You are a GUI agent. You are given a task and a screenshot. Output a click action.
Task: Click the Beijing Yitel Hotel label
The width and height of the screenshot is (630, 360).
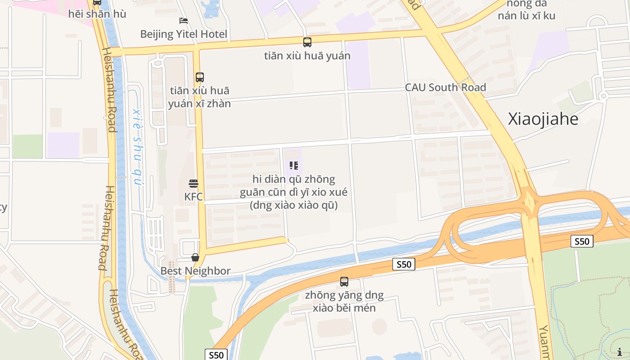[184, 34]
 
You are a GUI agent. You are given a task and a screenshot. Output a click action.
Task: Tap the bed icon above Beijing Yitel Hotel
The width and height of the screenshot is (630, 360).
[184, 21]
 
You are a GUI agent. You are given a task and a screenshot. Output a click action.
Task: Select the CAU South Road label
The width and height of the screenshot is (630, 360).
[445, 87]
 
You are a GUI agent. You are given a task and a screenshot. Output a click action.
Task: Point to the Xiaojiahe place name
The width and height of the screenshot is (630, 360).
[543, 119]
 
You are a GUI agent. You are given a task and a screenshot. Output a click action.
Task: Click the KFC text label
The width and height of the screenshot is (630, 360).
[193, 197]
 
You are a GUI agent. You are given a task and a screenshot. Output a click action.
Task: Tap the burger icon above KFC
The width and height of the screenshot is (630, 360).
[193, 184]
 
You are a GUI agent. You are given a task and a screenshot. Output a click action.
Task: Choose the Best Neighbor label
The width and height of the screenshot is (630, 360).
[196, 271]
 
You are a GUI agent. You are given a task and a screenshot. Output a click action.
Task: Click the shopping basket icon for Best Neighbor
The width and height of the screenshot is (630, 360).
[195, 257]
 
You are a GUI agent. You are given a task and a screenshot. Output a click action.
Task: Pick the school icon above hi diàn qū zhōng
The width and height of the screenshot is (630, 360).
[294, 166]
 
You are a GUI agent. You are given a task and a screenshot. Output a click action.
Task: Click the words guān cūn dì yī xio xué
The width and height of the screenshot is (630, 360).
[293, 192]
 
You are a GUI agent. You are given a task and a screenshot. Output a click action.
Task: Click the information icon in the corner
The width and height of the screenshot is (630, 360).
[620, 352]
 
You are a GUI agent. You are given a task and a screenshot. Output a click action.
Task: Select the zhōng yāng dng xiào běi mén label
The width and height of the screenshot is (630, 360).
[344, 301]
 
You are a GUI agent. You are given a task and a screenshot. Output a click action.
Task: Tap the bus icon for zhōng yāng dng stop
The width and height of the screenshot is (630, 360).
[344, 282]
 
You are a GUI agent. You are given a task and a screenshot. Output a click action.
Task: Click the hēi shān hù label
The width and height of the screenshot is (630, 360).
[97, 14]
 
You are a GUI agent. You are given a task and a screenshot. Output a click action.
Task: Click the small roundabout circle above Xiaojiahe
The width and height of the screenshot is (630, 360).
[603, 96]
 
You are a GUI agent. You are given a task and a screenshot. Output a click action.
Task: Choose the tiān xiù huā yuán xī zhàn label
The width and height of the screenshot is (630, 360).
[199, 97]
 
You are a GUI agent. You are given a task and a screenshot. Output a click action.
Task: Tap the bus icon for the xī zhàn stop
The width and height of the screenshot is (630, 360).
[200, 77]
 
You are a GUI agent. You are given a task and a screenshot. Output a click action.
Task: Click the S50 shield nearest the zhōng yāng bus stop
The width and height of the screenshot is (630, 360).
[404, 264]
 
